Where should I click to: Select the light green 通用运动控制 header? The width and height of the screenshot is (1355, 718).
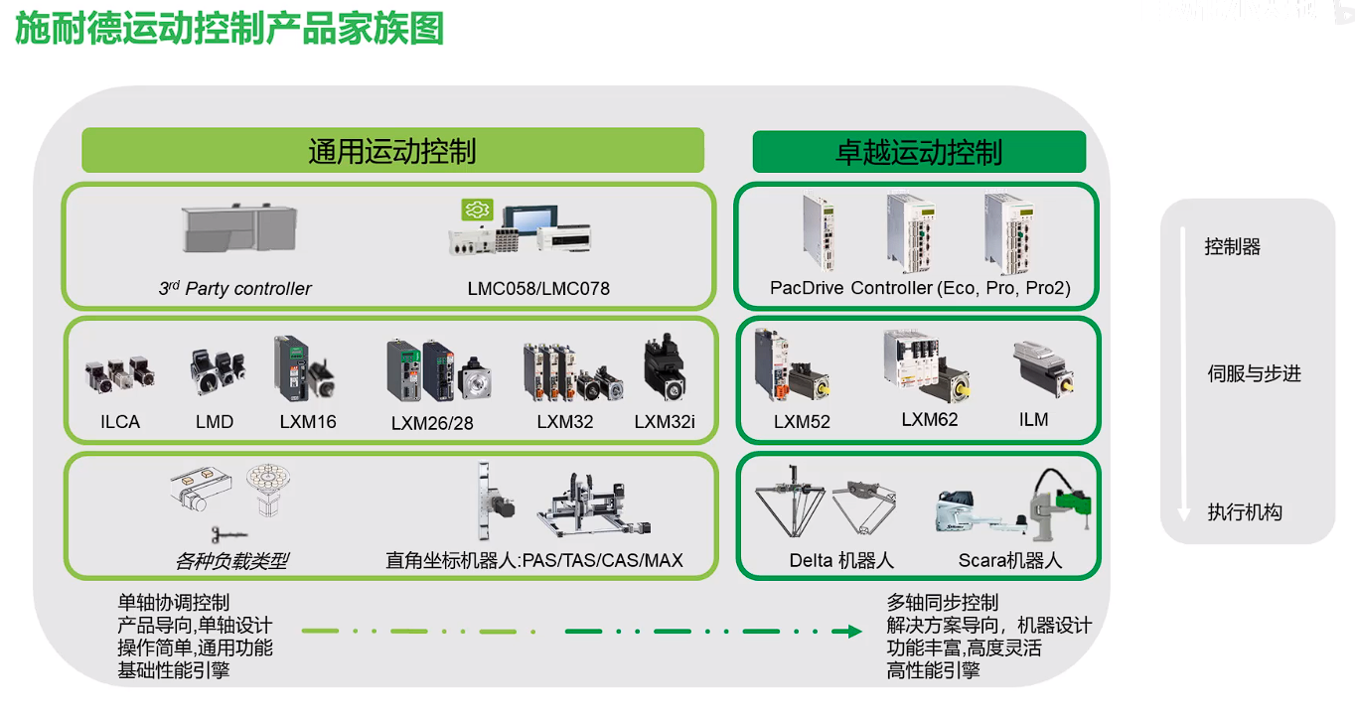click(392, 151)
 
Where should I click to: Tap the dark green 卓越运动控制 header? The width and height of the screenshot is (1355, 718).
click(919, 152)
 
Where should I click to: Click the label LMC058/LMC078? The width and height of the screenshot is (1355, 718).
click(538, 289)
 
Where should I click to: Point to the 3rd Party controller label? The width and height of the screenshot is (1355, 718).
click(235, 289)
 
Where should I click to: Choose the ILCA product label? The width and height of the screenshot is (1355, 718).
click(120, 422)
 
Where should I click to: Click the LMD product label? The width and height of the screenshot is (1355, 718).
click(215, 422)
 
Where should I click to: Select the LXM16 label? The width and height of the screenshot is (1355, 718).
click(308, 422)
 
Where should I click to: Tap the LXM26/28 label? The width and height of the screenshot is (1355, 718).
click(432, 423)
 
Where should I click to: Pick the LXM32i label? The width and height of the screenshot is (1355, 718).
click(665, 422)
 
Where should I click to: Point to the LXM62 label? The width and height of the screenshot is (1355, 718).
click(930, 419)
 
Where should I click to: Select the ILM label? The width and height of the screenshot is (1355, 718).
click(1034, 420)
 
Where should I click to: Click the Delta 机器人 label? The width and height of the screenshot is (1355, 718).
click(841, 560)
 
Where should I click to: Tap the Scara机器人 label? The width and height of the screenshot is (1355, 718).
click(1010, 560)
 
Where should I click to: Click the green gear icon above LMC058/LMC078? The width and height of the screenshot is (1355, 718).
click(478, 210)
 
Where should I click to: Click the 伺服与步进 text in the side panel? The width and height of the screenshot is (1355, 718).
click(1254, 374)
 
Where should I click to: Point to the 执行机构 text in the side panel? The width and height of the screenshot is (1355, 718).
click(1245, 512)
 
